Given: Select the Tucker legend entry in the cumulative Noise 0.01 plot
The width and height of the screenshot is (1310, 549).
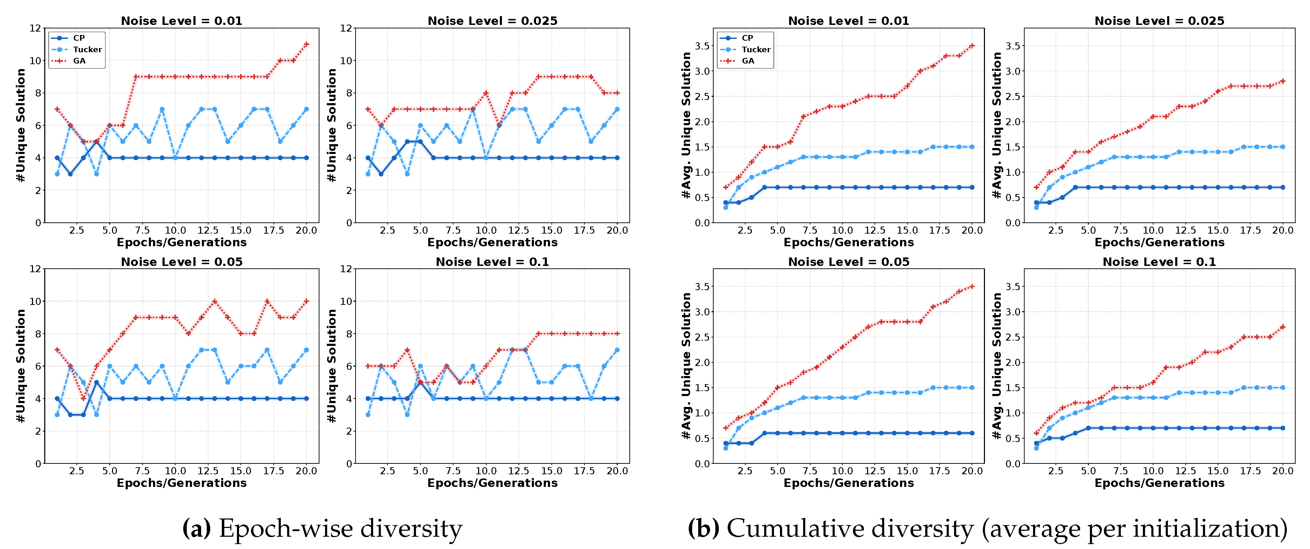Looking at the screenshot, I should pos(756,49).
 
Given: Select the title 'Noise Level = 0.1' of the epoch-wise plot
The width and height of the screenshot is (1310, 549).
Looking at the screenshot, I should pos(492,262).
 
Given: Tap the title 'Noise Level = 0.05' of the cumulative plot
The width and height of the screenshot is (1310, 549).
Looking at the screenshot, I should pos(848,262).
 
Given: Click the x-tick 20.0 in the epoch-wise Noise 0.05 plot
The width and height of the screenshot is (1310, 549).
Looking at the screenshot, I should pos(306,471).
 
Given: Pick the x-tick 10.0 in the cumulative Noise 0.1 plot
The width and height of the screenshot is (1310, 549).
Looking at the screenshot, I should pos(1153,471).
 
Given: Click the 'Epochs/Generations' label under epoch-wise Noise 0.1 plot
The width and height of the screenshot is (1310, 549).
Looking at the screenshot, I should pos(492,483).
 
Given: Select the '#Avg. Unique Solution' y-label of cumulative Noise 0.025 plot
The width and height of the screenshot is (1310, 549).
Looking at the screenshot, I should pos(997,125).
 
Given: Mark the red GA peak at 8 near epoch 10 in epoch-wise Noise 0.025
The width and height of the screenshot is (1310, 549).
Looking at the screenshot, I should pos(486,93).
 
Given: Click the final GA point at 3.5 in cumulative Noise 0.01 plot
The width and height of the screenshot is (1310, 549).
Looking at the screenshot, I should pos(972,46).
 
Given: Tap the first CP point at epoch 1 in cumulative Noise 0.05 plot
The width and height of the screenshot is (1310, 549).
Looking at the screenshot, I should pos(725,443).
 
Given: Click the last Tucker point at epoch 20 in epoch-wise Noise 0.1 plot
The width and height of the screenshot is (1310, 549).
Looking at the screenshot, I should pos(617,350).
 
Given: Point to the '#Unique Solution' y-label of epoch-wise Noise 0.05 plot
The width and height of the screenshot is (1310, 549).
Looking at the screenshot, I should pos(20,366).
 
